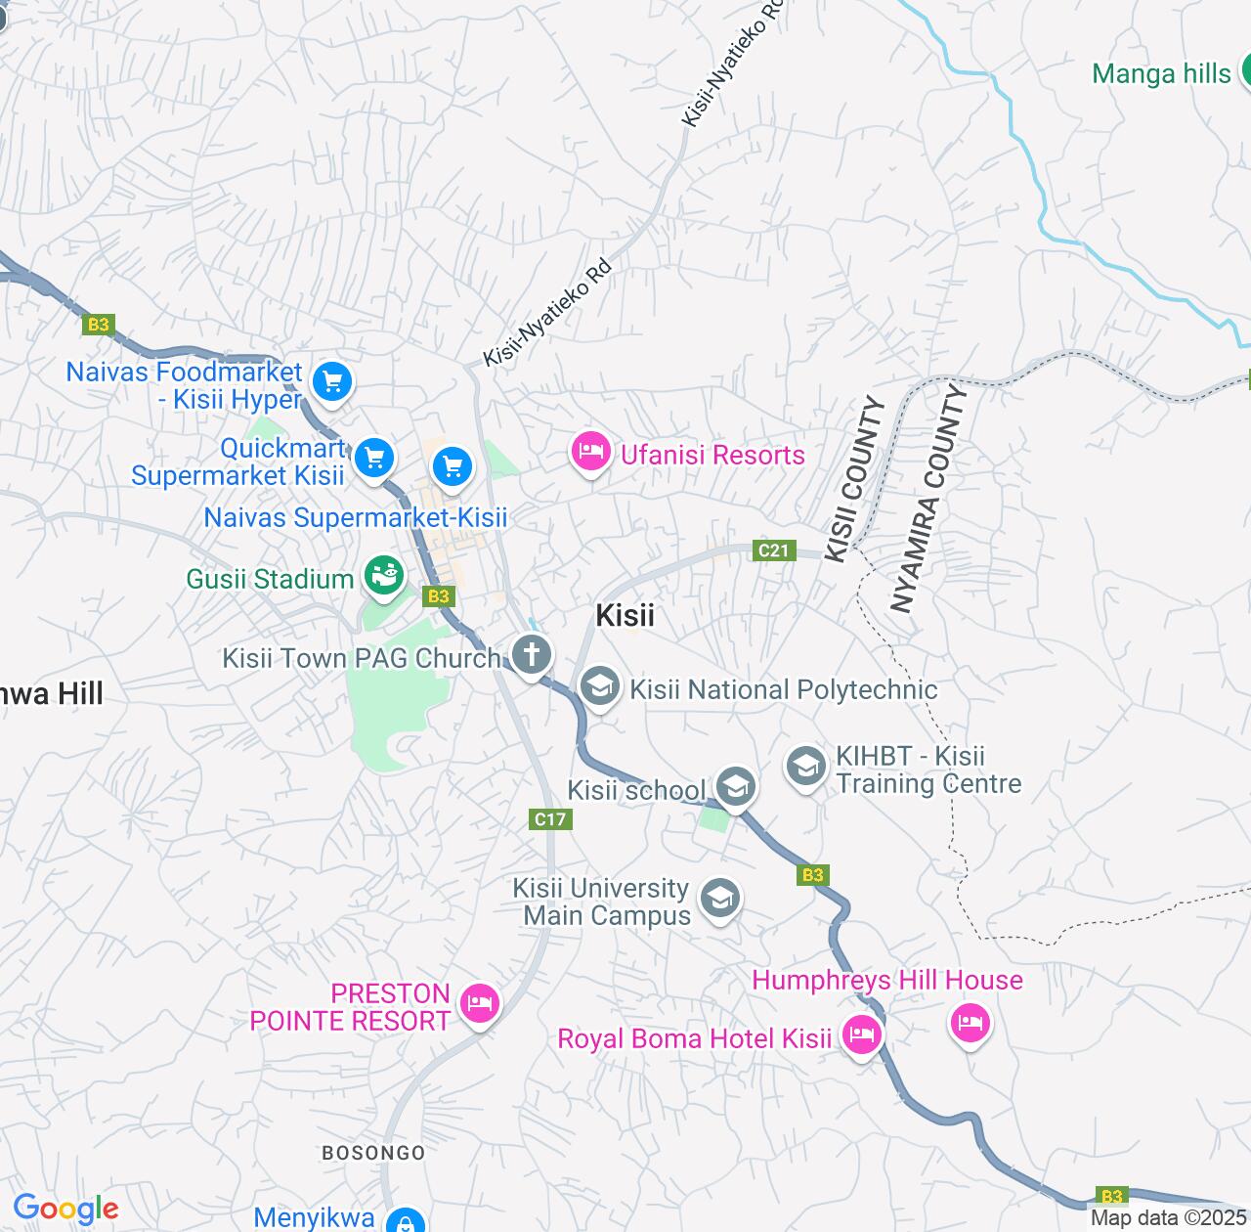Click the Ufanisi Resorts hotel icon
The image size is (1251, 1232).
click(x=590, y=453)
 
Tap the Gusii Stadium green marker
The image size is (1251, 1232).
click(x=384, y=577)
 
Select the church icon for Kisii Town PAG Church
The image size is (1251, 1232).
click(x=532, y=655)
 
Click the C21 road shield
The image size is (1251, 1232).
click(x=773, y=550)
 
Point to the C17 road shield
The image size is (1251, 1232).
click(x=550, y=819)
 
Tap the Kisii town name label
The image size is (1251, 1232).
click(x=625, y=615)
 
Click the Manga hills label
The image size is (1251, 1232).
click(x=1161, y=73)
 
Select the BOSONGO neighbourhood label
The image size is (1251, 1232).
click(x=373, y=1153)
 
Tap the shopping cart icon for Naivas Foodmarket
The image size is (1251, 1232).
click(x=332, y=382)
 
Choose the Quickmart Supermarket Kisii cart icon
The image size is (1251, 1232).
click(x=373, y=458)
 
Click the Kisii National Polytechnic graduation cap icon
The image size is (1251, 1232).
click(x=599, y=686)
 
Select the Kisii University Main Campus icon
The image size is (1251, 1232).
click(x=720, y=898)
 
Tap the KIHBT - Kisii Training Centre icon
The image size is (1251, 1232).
click(x=806, y=767)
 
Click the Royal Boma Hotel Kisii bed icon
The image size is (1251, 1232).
click(x=861, y=1034)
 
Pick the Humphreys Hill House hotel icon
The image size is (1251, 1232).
click(x=970, y=1023)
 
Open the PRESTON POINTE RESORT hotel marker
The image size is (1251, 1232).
click(x=480, y=1003)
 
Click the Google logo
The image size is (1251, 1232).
click(x=65, y=1209)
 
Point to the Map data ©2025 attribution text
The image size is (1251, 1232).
click(x=1169, y=1218)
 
